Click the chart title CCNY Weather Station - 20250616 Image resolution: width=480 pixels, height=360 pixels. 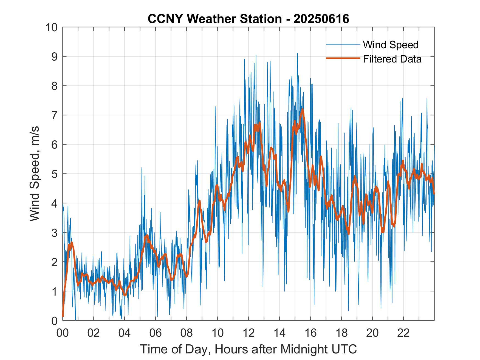coord(248,19)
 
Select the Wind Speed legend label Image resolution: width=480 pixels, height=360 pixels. coord(391,45)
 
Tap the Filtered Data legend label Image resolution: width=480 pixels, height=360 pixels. coord(392,59)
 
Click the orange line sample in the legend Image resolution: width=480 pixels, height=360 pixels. coord(343,58)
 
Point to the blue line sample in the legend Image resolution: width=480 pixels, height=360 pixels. coord(343,44)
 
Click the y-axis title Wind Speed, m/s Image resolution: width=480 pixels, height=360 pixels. coord(35,174)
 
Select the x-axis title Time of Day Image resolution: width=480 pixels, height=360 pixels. coord(248,349)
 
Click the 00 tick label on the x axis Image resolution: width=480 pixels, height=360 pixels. coord(63,333)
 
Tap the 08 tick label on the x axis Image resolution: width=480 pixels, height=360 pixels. coord(187,333)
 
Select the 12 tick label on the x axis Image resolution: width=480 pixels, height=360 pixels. coord(249,333)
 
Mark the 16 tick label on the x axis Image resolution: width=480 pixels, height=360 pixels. coord(310,333)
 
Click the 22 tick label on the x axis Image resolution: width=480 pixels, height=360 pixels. coord(403,333)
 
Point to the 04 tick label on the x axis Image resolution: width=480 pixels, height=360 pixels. coord(125,333)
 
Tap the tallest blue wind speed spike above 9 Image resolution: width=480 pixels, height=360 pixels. coord(297,53)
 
